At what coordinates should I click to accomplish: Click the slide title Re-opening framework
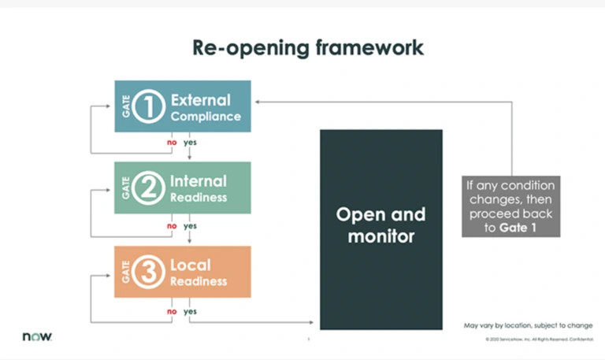point(308,47)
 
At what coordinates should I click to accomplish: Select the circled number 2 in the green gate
point(147,188)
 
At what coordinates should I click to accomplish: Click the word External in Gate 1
point(200,100)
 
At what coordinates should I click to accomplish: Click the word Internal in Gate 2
point(198,181)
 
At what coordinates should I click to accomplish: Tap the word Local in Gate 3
point(190,265)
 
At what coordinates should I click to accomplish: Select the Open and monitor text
point(380,225)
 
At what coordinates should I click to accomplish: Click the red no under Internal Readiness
point(170,226)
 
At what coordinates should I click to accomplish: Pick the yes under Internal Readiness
point(190,226)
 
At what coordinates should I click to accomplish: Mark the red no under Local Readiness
point(170,310)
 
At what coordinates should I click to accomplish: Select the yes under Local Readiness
point(190,310)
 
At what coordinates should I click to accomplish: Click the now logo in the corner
point(37,336)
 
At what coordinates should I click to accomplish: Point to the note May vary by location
point(528,325)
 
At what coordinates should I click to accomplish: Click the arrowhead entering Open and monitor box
point(316,322)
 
